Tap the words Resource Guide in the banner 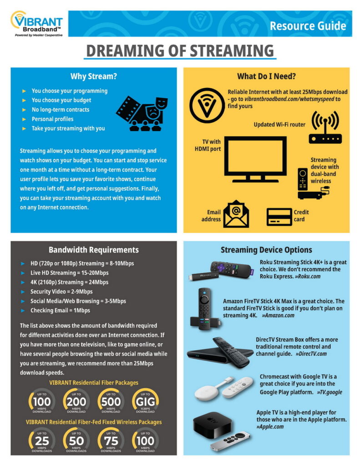pos(308,25)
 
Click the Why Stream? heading pos(94,76)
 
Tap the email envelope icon pos(236,213)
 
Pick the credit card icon pos(279,216)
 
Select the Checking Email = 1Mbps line pos(60,310)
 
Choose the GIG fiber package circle pos(146,401)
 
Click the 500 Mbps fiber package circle pos(111,401)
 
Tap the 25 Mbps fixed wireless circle pos(42,440)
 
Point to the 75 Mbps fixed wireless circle pos(111,440)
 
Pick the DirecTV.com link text pos(311,354)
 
